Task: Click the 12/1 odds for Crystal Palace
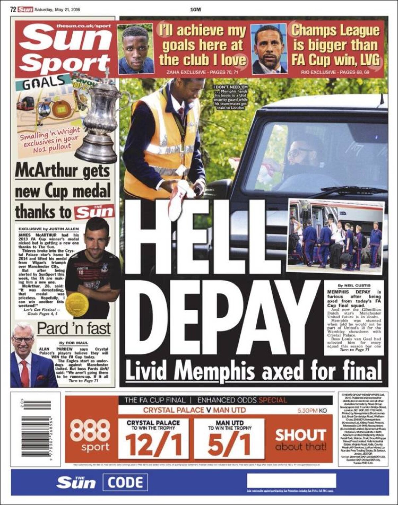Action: pos(154,445)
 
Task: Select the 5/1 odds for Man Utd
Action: pos(229,445)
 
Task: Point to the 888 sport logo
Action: pos(90,434)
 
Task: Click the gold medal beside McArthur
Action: pos(77,304)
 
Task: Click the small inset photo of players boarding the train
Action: pos(336,236)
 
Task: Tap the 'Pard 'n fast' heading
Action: pos(74,328)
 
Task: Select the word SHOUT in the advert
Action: pos(300,435)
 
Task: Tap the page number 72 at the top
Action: pos(13,10)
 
